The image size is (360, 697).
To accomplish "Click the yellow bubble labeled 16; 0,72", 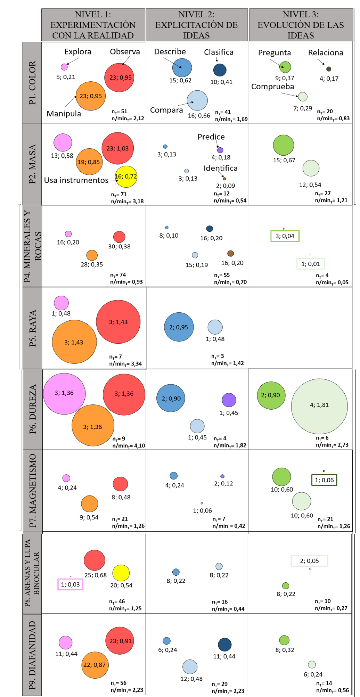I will pyautogui.click(x=126, y=177).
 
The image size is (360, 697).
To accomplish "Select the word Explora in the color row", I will pyautogui.click(x=78, y=52).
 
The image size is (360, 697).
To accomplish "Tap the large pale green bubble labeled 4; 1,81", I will pyautogui.click(x=319, y=406).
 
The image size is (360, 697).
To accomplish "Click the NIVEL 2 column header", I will pyautogui.click(x=197, y=25).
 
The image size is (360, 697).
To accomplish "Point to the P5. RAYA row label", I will pyautogui.click(x=32, y=328).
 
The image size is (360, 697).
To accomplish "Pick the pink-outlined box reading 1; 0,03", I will pyautogui.click(x=70, y=584).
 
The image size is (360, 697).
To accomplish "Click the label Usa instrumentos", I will pyautogui.click(x=76, y=180).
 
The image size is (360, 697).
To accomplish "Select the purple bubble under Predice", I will pyautogui.click(x=220, y=150).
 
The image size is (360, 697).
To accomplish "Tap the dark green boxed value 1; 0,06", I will pyautogui.click(x=324, y=480).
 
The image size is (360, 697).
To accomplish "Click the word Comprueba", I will pyautogui.click(x=273, y=87).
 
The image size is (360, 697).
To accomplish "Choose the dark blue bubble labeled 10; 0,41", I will pyautogui.click(x=220, y=70).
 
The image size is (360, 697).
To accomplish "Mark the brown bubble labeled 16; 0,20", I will pyautogui.click(x=231, y=253).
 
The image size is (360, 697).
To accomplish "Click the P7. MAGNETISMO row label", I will pyautogui.click(x=32, y=490).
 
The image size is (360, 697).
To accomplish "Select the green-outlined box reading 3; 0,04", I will pyautogui.click(x=285, y=236).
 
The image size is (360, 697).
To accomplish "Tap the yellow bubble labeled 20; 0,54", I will pyautogui.click(x=121, y=573).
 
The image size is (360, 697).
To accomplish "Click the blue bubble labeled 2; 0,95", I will pyautogui.click(x=179, y=327).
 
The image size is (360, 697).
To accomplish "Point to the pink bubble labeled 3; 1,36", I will pyautogui.click(x=64, y=393).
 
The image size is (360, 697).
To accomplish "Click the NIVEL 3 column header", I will pyautogui.click(x=301, y=25).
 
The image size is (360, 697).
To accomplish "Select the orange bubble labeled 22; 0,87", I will pyautogui.click(x=95, y=665).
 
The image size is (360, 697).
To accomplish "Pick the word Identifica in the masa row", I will pyautogui.click(x=221, y=168).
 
